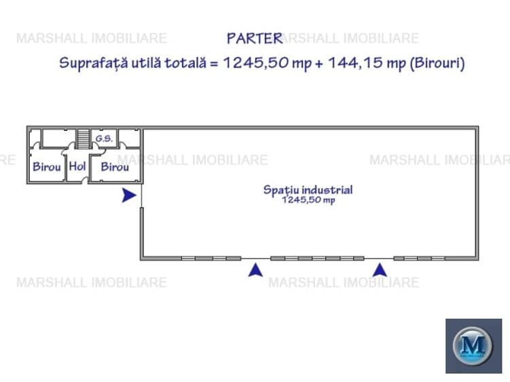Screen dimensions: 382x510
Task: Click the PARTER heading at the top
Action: [x=254, y=38]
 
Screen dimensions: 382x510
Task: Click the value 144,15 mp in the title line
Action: [x=367, y=63]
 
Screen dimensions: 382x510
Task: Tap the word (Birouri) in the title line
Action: [x=437, y=63]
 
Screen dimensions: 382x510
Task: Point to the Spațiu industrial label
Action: [x=308, y=190]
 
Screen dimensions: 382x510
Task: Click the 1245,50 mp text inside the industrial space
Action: [x=308, y=200]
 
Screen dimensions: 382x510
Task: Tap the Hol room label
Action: [x=77, y=166]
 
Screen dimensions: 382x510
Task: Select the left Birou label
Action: [x=47, y=166]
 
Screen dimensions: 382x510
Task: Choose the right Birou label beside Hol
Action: [x=115, y=166]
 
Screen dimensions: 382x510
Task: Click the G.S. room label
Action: [x=103, y=138]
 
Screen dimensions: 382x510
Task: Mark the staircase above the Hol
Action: [x=83, y=138]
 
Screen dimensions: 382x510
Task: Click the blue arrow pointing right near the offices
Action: [x=128, y=195]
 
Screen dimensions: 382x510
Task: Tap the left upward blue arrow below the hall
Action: [x=255, y=270]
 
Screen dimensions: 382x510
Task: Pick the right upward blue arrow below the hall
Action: [x=380, y=270]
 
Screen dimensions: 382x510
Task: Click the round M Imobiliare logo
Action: [x=473, y=346]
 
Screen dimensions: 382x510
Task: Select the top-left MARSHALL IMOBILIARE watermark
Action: [x=91, y=38]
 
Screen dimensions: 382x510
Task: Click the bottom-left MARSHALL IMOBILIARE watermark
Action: [x=91, y=282]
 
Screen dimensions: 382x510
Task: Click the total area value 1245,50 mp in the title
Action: [x=267, y=63]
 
